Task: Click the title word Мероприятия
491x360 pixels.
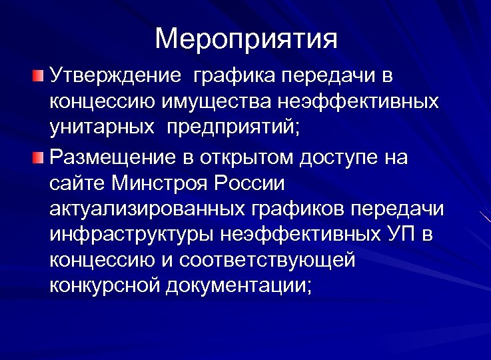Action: click(x=246, y=39)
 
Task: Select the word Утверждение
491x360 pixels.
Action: click(x=115, y=75)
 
